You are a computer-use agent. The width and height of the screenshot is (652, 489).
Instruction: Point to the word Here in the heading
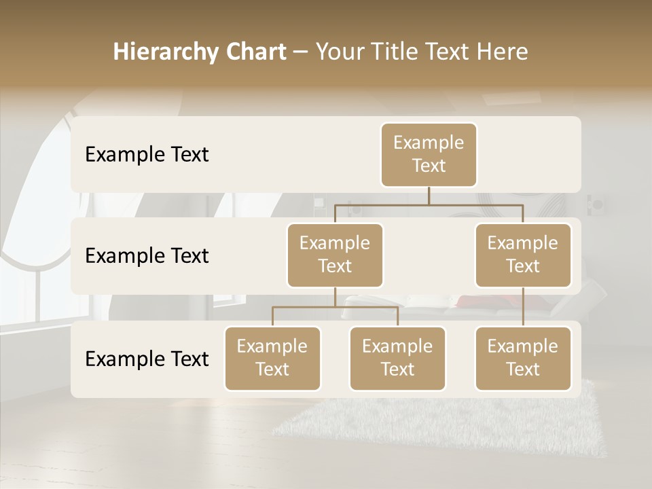(502, 52)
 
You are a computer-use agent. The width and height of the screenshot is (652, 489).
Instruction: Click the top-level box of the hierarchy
(429, 155)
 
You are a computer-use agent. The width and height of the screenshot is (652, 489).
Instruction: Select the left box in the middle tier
(335, 255)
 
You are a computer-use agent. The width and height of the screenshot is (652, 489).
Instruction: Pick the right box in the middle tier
(523, 255)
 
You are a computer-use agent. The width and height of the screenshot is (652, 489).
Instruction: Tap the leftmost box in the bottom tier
(272, 359)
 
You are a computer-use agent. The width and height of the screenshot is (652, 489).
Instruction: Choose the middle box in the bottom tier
(397, 359)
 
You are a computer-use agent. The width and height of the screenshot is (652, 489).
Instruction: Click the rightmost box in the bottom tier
(523, 359)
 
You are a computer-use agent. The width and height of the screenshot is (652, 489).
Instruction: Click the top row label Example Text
(147, 155)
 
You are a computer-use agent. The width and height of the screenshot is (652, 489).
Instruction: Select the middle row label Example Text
(147, 256)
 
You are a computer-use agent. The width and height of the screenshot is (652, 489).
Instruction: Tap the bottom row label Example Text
(147, 359)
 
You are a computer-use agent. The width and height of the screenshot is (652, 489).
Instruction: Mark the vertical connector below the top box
(429, 196)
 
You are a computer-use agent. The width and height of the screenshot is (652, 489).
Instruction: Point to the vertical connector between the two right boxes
(523, 307)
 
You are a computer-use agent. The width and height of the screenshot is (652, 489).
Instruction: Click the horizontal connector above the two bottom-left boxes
(335, 307)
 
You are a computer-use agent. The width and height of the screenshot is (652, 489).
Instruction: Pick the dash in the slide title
(301, 52)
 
